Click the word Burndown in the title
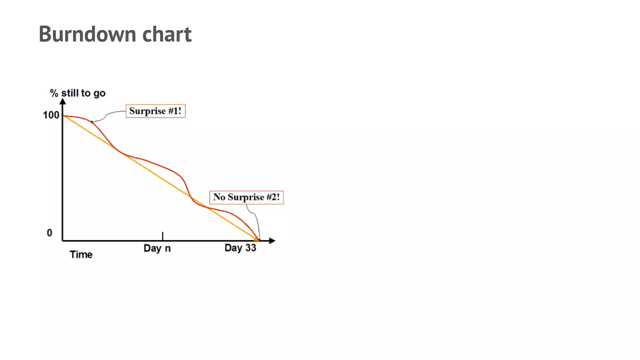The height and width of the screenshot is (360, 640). point(87,34)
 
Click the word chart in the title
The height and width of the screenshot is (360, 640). point(167,34)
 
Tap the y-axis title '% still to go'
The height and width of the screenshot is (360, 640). point(78,93)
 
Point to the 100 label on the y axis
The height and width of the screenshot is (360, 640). point(51,115)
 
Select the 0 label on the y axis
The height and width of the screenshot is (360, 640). point(49,233)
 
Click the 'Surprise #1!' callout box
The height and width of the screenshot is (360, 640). point(155,111)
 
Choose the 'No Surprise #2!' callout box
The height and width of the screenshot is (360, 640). point(246,197)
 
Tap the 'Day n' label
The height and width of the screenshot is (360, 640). point(157,248)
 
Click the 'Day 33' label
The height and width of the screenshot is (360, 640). point(240,248)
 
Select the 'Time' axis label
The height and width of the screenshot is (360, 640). point(81,255)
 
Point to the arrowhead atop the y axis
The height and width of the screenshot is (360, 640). point(63,101)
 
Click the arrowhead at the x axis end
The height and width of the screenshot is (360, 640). point(272,241)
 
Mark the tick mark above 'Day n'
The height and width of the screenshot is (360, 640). point(162,236)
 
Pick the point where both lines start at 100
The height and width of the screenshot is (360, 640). point(63,116)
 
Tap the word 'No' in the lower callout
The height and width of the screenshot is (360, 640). point(219,197)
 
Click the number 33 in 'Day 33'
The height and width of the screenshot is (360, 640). point(251,248)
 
